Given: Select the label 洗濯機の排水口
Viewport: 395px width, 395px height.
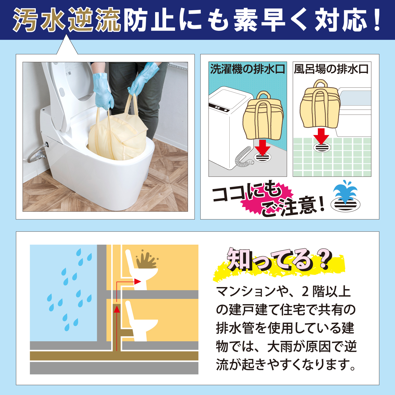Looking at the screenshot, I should [x=248, y=69].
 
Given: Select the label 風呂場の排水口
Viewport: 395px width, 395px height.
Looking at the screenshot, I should [x=331, y=69].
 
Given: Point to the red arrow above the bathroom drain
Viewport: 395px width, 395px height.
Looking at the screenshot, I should [x=321, y=136].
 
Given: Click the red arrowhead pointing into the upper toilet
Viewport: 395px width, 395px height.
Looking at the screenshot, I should [x=137, y=281].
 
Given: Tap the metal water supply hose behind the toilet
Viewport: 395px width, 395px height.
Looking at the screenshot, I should [x=37, y=154].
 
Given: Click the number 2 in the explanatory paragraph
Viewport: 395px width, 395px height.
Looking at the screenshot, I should [x=305, y=292].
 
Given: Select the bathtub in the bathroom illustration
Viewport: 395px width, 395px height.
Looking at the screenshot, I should [x=354, y=105].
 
